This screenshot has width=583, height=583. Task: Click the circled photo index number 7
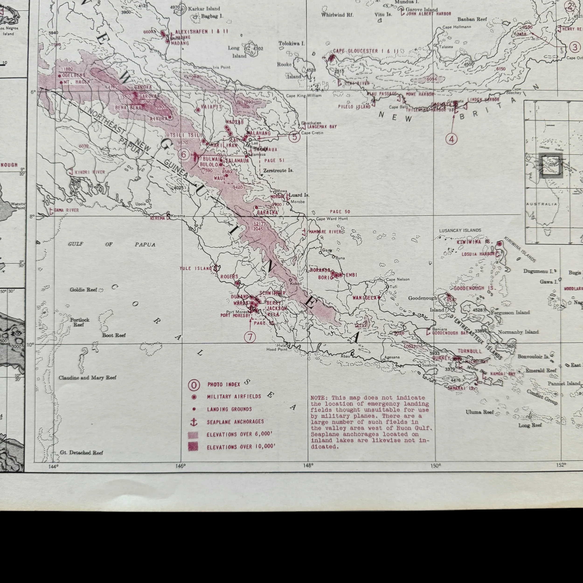pyautogui.click(x=250, y=337)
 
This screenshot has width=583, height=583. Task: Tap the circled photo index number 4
pyautogui.click(x=451, y=139)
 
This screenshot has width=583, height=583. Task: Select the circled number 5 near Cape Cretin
pyautogui.click(x=295, y=137)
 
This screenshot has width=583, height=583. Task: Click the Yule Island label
pyautogui.click(x=196, y=268)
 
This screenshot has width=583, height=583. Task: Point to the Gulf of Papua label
pyautogui.click(x=112, y=244)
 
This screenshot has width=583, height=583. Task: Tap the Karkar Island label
pyautogui.click(x=204, y=9)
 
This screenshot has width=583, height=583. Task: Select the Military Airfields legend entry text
pyautogui.click(x=234, y=396)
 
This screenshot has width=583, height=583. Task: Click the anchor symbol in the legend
pyautogui.click(x=194, y=422)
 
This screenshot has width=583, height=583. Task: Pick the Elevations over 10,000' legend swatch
pyautogui.click(x=193, y=447)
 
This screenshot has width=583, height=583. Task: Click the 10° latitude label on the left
pyautogui.click(x=30, y=344)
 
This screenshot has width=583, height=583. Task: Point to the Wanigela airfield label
pyautogui.click(x=364, y=298)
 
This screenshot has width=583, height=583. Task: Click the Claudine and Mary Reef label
pyautogui.click(x=87, y=378)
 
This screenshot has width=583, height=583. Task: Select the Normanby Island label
pyautogui.click(x=518, y=332)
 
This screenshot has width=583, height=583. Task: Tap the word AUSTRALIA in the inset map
pyautogui.click(x=541, y=204)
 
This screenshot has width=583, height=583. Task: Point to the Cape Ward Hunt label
pyautogui.click(x=332, y=219)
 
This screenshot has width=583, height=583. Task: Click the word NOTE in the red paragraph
pyautogui.click(x=317, y=398)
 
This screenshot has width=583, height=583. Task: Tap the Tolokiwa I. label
pyautogui.click(x=291, y=43)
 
